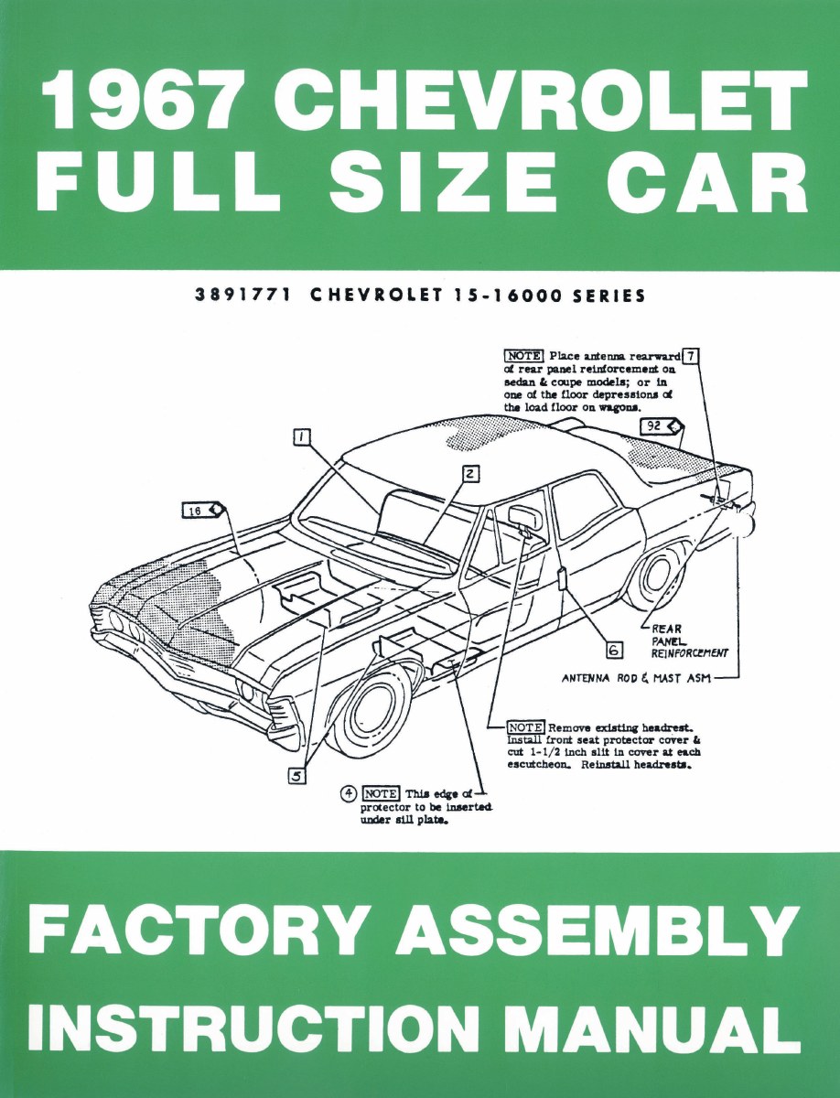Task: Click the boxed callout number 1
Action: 299,437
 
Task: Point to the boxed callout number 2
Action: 469,474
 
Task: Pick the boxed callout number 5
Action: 296,775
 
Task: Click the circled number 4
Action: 348,792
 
